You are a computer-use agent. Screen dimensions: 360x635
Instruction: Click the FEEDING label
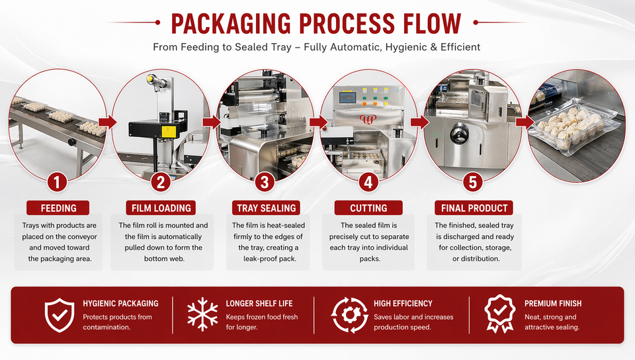(x=58, y=208)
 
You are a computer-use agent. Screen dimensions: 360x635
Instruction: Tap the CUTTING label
(x=368, y=208)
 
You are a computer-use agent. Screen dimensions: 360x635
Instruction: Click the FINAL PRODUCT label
(x=474, y=208)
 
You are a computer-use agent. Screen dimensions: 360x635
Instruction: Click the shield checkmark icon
(x=59, y=314)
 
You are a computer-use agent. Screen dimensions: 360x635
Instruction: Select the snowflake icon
(x=202, y=314)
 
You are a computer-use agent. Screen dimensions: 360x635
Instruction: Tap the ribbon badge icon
(x=500, y=314)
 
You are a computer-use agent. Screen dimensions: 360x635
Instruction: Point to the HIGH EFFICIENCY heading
(x=403, y=303)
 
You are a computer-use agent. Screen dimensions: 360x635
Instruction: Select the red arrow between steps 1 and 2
(x=107, y=122)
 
